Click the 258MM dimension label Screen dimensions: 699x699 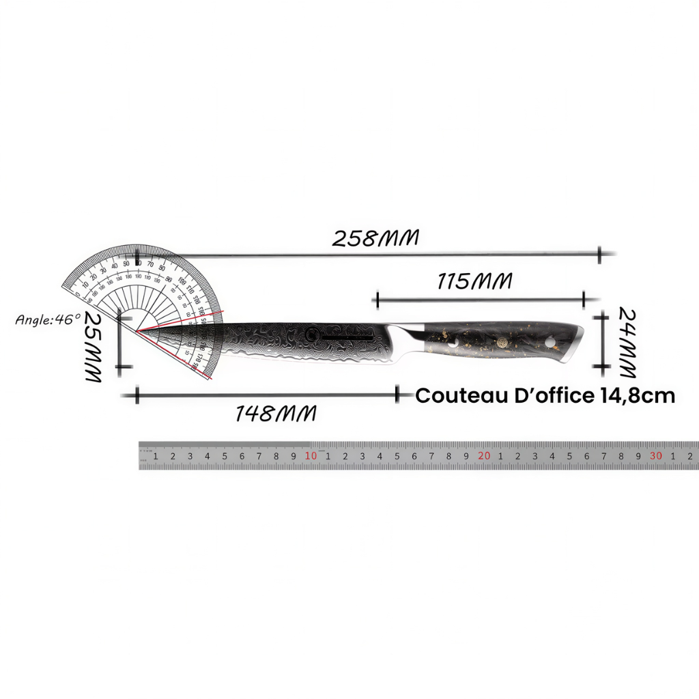click(375, 238)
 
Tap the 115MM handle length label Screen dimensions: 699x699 click(474, 281)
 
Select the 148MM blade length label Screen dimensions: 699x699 click(276, 413)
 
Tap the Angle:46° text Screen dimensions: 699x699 click(48, 319)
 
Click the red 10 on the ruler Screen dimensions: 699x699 click(311, 456)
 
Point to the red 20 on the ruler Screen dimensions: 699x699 click(484, 456)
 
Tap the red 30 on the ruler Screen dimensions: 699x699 click(656, 456)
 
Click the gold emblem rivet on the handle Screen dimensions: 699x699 click(504, 343)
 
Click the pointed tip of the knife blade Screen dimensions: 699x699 click(139, 331)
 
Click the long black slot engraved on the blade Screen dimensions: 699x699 click(347, 338)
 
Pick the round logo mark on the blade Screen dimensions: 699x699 click(312, 335)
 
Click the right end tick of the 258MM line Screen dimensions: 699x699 click(600, 255)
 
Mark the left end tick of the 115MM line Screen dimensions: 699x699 click(376, 299)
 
